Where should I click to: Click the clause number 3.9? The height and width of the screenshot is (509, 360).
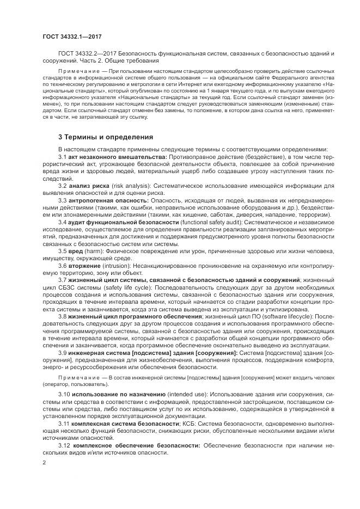click(63, 353)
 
